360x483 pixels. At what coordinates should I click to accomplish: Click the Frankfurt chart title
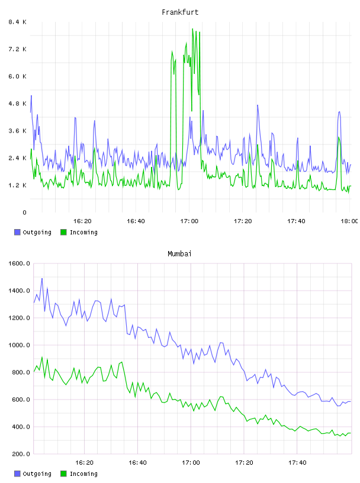(x=180, y=12)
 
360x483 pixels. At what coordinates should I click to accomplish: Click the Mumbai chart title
(x=179, y=254)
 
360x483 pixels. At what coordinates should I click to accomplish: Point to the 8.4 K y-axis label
(x=17, y=22)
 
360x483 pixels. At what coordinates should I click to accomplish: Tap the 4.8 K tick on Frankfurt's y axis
(x=17, y=104)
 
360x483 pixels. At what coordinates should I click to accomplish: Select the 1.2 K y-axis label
(x=17, y=185)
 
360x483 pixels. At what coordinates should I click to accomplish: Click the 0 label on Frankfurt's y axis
(x=24, y=212)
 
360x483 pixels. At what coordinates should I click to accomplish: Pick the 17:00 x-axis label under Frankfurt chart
(x=189, y=221)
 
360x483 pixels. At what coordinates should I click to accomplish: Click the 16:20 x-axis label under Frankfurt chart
(x=82, y=221)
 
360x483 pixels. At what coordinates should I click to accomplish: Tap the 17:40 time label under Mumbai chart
(x=297, y=463)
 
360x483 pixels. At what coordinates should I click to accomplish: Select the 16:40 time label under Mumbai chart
(x=137, y=463)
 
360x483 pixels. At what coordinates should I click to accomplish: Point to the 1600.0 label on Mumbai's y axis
(x=19, y=263)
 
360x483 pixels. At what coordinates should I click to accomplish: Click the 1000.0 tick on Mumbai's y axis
(x=19, y=345)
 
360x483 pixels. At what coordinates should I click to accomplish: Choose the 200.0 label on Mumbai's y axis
(x=19, y=454)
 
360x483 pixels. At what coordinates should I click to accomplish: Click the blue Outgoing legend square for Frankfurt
(x=17, y=232)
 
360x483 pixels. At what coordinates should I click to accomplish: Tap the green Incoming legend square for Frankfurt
(x=63, y=232)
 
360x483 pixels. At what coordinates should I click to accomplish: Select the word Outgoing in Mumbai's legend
(x=37, y=474)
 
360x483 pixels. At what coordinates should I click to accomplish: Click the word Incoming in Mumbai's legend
(x=83, y=474)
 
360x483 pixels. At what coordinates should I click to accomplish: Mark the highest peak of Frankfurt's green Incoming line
(x=192, y=28)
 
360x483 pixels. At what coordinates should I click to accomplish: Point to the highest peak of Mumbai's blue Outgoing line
(x=42, y=278)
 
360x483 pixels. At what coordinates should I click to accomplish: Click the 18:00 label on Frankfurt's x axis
(x=349, y=221)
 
